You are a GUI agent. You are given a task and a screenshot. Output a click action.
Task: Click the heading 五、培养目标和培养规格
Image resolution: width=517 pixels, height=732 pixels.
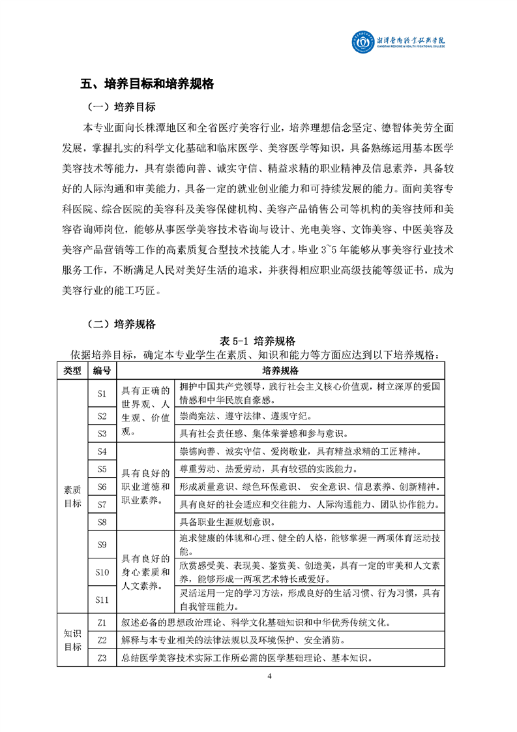(x=147, y=84)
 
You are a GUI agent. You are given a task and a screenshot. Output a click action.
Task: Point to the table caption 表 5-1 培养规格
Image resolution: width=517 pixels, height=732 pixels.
(x=258, y=341)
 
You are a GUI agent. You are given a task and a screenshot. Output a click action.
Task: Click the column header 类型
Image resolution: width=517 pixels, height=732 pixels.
(x=72, y=371)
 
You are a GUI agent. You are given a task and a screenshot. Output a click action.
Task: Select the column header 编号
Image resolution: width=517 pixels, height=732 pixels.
(x=102, y=371)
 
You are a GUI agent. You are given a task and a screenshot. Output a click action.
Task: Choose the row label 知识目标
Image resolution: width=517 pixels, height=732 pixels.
(x=72, y=640)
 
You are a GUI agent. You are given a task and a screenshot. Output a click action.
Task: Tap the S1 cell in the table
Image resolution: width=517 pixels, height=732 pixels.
(x=102, y=393)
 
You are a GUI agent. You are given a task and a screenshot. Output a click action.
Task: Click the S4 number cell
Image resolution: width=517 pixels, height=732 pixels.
(x=102, y=451)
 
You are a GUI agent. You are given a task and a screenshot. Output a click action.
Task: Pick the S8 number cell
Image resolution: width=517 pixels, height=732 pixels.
(x=102, y=521)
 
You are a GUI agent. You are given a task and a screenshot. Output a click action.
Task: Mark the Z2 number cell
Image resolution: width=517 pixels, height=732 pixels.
(x=102, y=640)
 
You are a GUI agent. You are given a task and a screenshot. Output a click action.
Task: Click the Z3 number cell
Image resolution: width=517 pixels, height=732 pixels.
(x=102, y=658)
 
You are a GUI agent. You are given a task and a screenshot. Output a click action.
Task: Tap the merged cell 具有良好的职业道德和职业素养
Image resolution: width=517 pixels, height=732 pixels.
(x=146, y=487)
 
